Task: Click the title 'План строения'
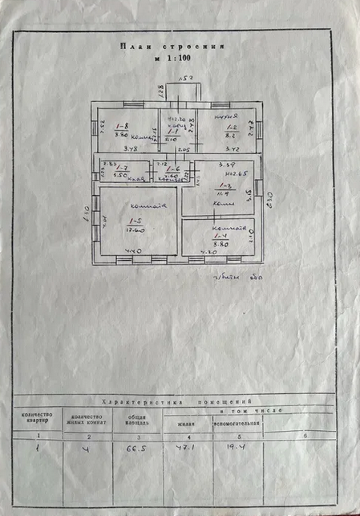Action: click(x=171, y=47)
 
